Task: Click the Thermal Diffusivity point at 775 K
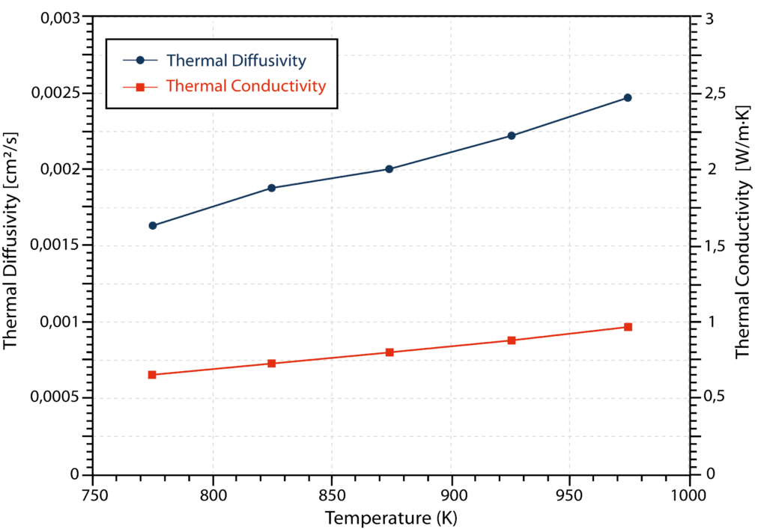(x=153, y=225)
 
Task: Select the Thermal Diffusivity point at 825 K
(x=272, y=188)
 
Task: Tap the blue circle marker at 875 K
(x=389, y=168)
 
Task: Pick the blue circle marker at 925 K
(x=512, y=135)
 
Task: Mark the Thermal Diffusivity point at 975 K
(x=628, y=97)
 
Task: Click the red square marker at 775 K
(x=152, y=374)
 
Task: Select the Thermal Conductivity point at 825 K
(x=272, y=363)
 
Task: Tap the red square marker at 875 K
(x=389, y=352)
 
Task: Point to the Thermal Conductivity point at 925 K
(x=512, y=340)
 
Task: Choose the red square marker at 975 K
(x=628, y=327)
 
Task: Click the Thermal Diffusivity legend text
(x=236, y=60)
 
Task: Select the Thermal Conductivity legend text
(x=246, y=86)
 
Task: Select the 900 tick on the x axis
(x=452, y=495)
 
